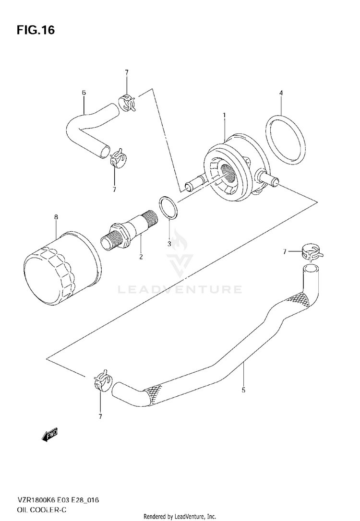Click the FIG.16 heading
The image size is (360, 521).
[x=36, y=31]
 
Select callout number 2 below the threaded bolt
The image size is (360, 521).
[x=141, y=257]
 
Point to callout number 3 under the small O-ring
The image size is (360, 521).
[x=169, y=244]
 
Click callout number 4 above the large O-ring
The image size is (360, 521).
[x=281, y=93]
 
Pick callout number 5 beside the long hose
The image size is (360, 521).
[x=243, y=390]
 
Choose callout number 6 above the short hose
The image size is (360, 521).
[x=84, y=92]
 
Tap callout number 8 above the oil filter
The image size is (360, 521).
[x=56, y=217]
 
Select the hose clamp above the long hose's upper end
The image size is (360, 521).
[x=310, y=251]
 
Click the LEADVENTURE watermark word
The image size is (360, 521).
[x=180, y=289]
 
